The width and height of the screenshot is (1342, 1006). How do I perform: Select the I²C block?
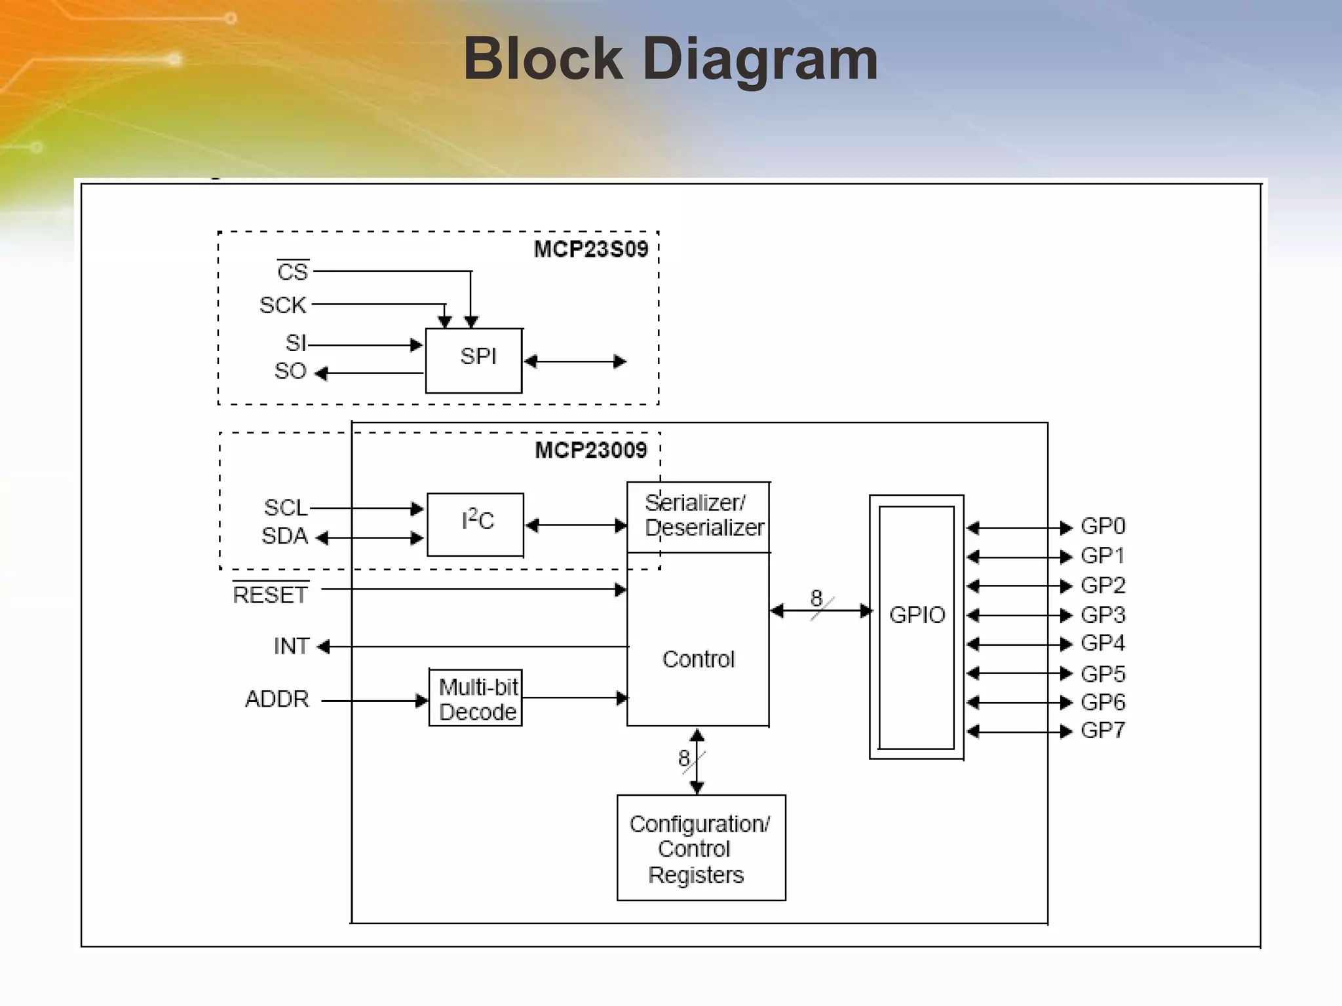[476, 523]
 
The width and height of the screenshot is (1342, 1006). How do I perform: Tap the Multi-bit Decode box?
[476, 698]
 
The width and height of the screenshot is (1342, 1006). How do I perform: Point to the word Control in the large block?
[699, 659]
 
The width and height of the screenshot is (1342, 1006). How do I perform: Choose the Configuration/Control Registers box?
[700, 848]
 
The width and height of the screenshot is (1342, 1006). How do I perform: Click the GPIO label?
[917, 614]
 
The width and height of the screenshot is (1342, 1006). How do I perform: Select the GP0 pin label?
[1103, 526]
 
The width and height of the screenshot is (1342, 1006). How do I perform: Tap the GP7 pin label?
[1103, 730]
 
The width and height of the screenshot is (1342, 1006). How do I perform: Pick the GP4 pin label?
[1103, 643]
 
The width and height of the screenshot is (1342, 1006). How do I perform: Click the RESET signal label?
[270, 595]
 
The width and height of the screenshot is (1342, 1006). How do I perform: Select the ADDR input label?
[277, 699]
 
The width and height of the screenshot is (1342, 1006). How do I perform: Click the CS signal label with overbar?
[292, 271]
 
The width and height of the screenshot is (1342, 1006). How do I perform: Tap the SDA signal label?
[285, 536]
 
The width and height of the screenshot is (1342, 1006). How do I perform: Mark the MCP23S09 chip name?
[590, 250]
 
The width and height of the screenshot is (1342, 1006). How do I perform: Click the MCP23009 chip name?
[590, 451]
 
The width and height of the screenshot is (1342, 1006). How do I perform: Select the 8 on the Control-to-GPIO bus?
[816, 597]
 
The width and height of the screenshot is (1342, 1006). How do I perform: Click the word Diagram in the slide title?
[760, 59]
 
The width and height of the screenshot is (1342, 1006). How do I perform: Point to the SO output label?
[290, 371]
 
